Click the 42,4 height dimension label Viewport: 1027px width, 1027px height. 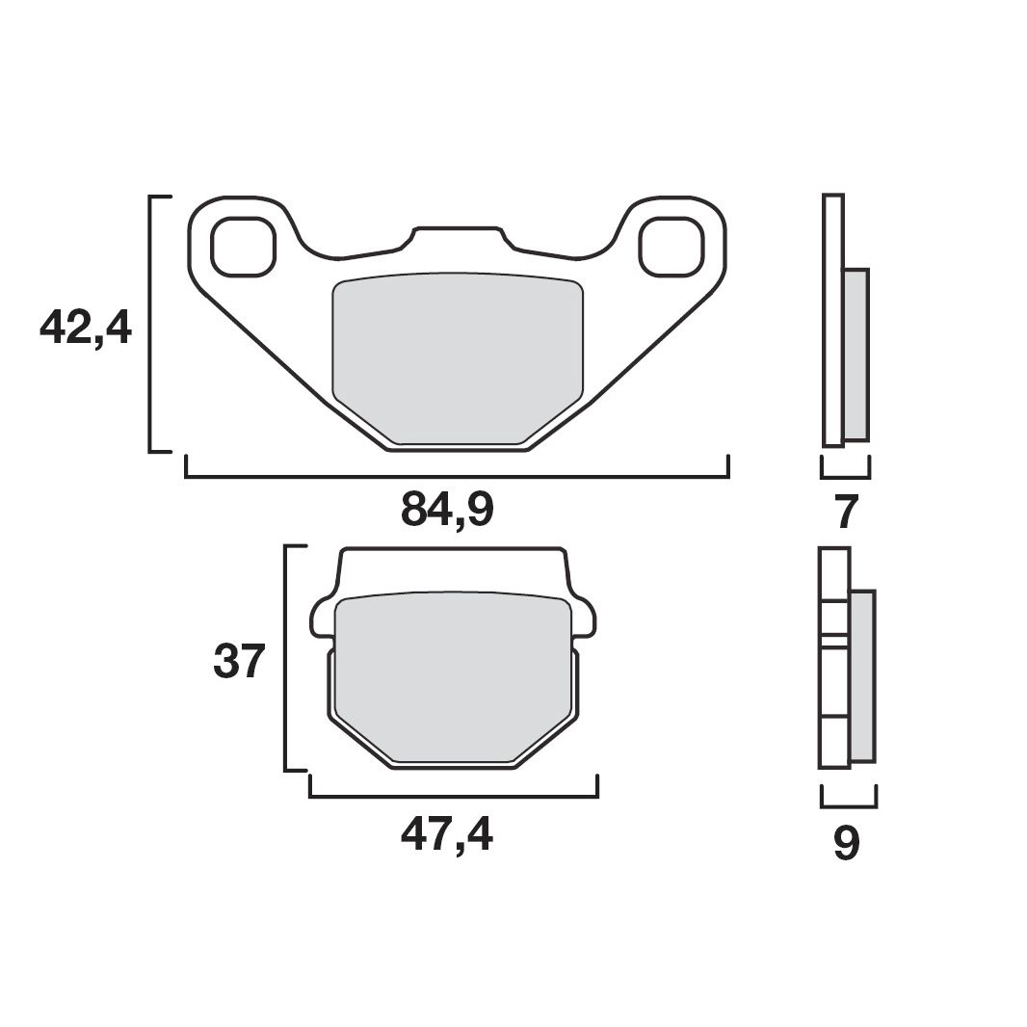[85, 328]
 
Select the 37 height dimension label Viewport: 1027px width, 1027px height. [238, 662]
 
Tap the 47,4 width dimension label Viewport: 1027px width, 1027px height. [447, 835]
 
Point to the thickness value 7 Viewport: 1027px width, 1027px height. [845, 513]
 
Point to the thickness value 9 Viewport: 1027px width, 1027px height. [846, 843]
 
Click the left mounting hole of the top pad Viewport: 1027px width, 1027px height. [242, 247]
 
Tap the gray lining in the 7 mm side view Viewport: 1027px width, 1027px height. [856, 355]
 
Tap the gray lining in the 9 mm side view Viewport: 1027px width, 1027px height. [862, 674]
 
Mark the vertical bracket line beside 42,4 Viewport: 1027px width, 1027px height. [150, 323]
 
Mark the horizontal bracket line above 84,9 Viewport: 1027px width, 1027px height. [457, 476]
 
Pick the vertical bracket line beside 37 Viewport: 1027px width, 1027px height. [286, 658]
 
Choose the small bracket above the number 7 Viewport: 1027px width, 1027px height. [845, 476]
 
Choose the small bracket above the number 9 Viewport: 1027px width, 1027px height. [848, 805]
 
